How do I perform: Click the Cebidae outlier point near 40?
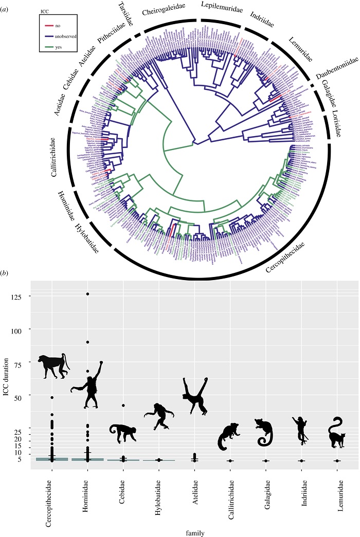pyautogui.click(x=123, y=405)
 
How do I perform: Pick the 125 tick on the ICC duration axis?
pyautogui.click(x=21, y=296)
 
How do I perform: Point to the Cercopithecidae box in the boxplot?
pyautogui.click(x=52, y=459)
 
